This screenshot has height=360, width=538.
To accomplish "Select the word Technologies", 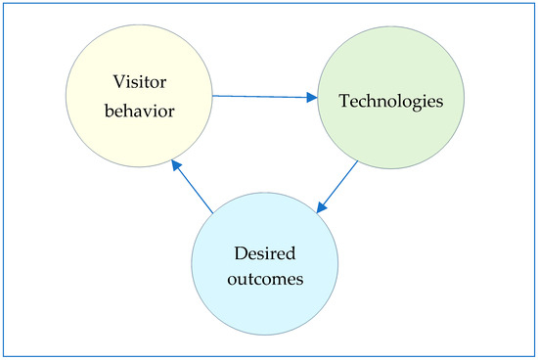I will pos(386,100).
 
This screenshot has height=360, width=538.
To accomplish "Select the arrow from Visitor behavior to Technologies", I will pos(264,96).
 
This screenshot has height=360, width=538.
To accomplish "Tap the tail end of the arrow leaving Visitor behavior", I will pos(213,95).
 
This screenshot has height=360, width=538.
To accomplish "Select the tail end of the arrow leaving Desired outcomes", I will pos(212,209).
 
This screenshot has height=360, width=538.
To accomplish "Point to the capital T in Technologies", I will pos(343,100).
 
